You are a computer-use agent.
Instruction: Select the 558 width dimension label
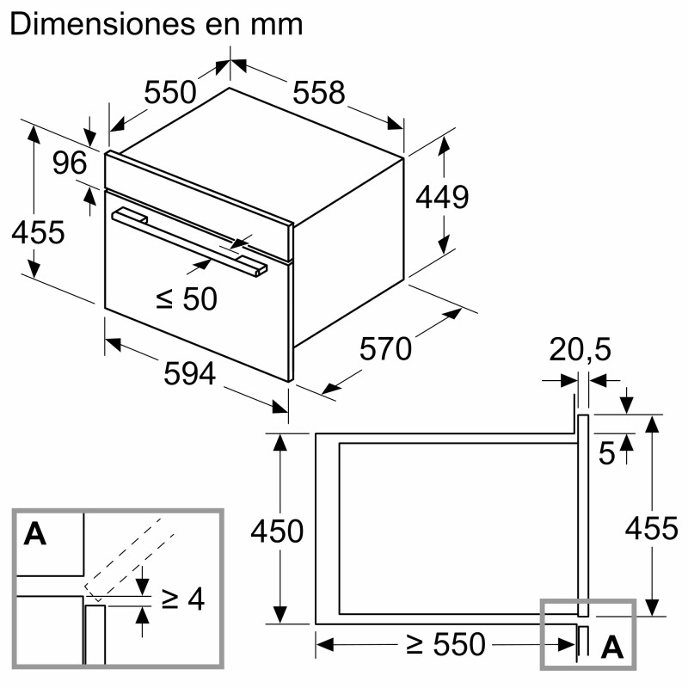[318, 92]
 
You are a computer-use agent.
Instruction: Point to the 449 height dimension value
[442, 198]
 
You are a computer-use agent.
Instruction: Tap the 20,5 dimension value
[580, 350]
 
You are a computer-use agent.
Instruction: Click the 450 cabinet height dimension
[277, 531]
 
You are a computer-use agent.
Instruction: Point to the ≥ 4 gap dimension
[183, 599]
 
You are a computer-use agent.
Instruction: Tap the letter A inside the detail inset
[34, 534]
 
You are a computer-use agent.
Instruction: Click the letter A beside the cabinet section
[611, 647]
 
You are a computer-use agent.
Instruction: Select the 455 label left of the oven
[38, 232]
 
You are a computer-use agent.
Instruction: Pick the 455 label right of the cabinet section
[651, 528]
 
